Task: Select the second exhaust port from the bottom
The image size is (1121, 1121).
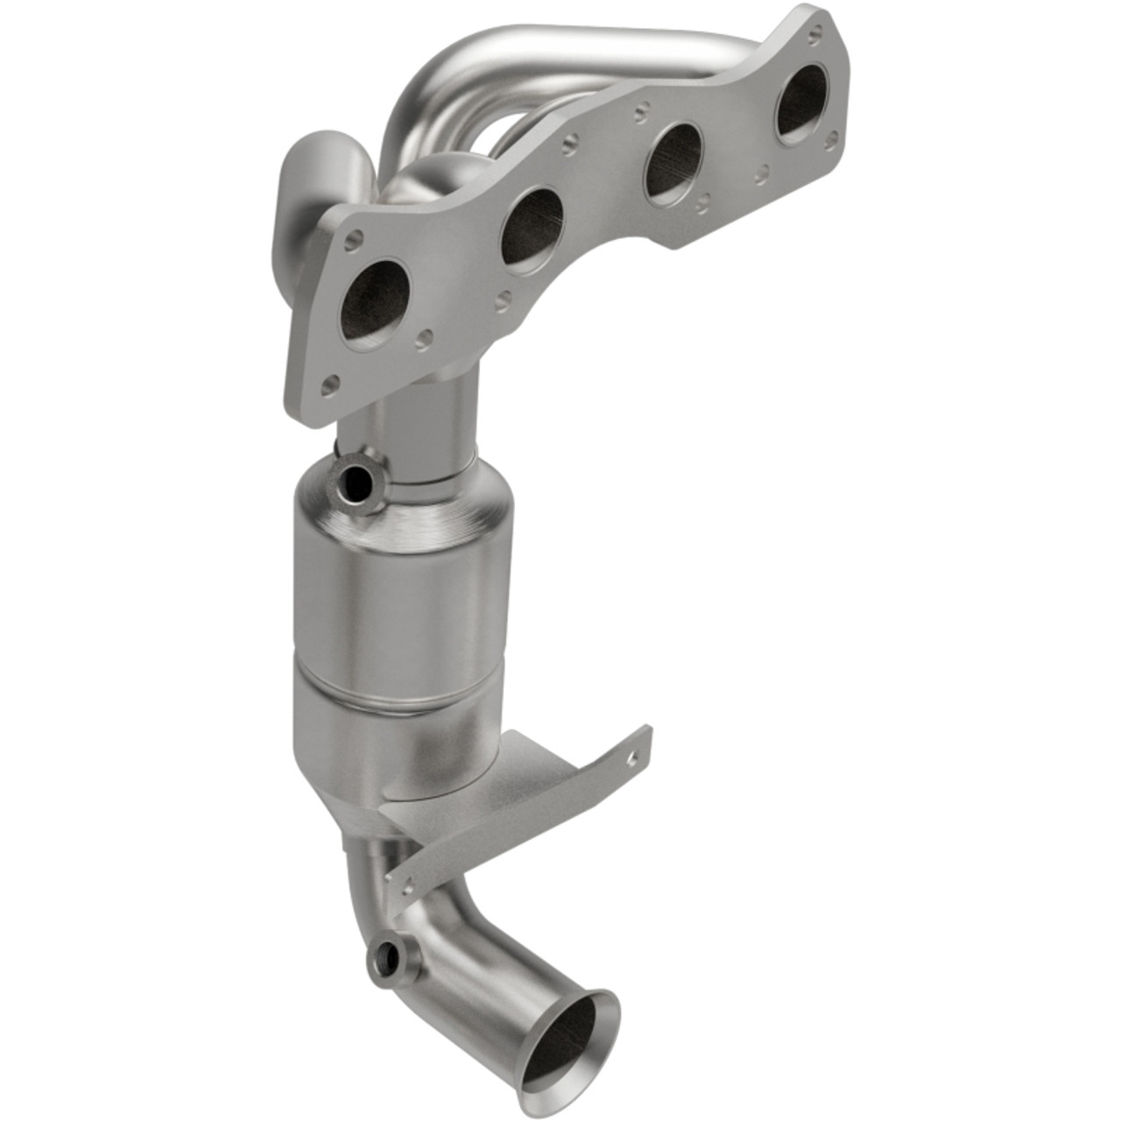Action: pos(531,229)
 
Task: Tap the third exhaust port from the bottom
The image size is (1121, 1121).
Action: pos(672,162)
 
